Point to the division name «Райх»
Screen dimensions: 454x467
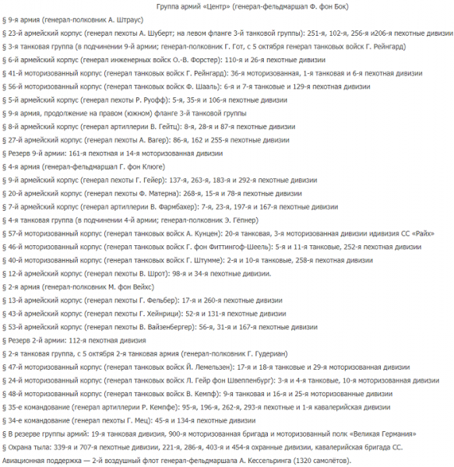(427, 232)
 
